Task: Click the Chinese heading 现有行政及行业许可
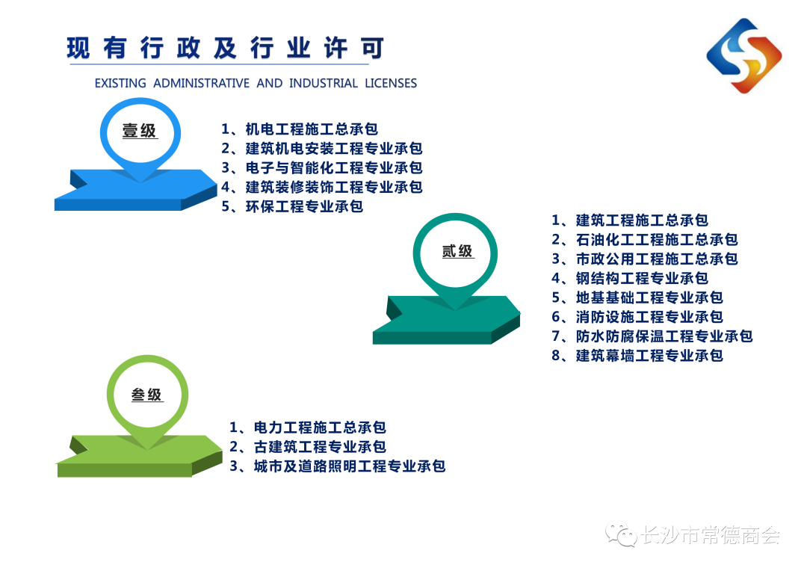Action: point(226,49)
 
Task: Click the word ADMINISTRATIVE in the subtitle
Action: point(201,83)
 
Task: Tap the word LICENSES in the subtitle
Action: point(391,83)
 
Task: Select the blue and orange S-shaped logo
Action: point(743,55)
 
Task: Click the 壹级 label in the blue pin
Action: point(139,131)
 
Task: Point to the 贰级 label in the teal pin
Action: point(457,251)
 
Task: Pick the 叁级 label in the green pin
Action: point(146,395)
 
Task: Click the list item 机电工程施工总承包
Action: point(312,129)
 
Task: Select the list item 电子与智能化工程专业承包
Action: point(334,167)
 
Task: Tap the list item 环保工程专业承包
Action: point(304,206)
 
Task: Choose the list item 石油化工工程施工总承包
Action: point(657,239)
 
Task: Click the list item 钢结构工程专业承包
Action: point(642,278)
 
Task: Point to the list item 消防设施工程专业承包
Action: point(649,317)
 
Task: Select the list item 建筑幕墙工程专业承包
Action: point(649,355)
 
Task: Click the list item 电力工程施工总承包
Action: point(320,428)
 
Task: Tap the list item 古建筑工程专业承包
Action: point(320,446)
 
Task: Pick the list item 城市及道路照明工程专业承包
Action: point(350,466)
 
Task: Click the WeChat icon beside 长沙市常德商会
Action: point(621,534)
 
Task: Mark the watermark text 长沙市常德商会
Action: point(711,535)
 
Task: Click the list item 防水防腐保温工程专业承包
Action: point(664,336)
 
